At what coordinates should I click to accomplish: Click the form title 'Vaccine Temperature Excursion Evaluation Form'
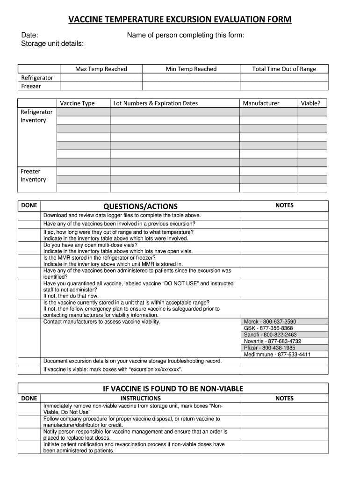click(x=180, y=19)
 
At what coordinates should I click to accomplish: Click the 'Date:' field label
click(x=30, y=35)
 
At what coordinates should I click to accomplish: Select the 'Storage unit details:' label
click(x=53, y=44)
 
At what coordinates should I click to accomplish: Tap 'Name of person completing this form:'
click(x=186, y=35)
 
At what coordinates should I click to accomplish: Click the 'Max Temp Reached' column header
click(x=101, y=69)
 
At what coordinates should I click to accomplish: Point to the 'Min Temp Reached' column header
click(x=191, y=69)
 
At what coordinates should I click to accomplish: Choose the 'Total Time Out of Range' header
click(x=284, y=69)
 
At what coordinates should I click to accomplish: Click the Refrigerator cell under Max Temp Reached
click(x=101, y=78)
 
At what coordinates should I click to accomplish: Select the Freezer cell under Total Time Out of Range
click(x=284, y=86)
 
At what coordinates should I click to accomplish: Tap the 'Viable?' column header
click(x=310, y=103)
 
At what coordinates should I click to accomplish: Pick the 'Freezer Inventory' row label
click(x=33, y=175)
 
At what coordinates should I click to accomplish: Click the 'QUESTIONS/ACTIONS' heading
click(x=140, y=206)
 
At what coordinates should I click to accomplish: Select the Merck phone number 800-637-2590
click(x=270, y=322)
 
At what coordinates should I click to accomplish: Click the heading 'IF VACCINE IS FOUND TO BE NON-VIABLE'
click(x=173, y=389)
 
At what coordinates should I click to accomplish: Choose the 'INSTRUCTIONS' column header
click(x=140, y=399)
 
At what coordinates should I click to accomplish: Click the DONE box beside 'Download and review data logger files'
click(x=29, y=216)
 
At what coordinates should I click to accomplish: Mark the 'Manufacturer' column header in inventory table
click(x=261, y=103)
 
